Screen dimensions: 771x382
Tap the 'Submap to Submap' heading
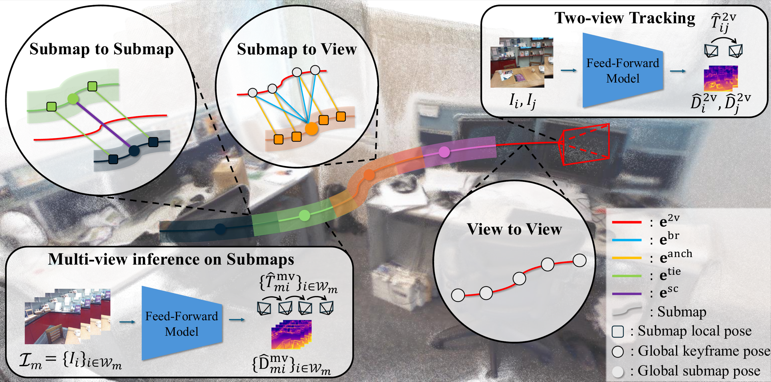tap(101, 49)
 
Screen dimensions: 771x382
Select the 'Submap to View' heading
tap(297, 49)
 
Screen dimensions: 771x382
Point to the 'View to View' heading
tap(514, 229)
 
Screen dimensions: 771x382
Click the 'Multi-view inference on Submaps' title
tap(171, 259)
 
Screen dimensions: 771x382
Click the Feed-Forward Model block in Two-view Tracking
tap(623, 70)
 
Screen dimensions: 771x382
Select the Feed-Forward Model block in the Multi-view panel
tap(182, 323)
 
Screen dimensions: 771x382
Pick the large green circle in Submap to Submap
tap(73, 99)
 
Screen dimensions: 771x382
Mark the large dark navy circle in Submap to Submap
tap(134, 151)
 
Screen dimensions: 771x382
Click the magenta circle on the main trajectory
tap(444, 152)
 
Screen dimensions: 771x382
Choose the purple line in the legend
tap(627, 294)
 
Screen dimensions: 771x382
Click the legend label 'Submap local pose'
tap(695, 331)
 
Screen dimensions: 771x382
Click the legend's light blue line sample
tap(627, 240)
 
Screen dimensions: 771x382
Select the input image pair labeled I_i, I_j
tap(521, 62)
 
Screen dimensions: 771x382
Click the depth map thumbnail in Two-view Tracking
tap(721, 78)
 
